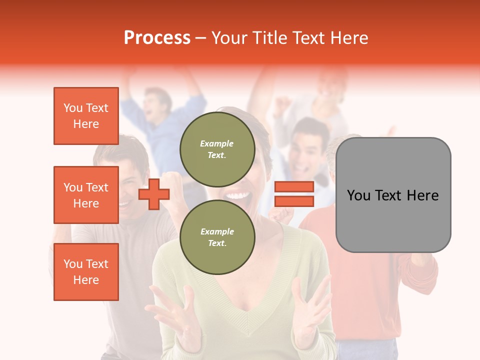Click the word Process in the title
pyautogui.click(x=157, y=38)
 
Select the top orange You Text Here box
pyautogui.click(x=86, y=116)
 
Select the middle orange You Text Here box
pyautogui.click(x=86, y=195)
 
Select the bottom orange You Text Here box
pyautogui.click(x=86, y=272)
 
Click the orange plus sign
pyautogui.click(x=154, y=194)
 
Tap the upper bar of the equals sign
pyautogui.click(x=294, y=186)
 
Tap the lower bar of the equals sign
pyautogui.click(x=294, y=201)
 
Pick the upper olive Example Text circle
pyautogui.click(x=217, y=149)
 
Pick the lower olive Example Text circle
pyautogui.click(x=217, y=237)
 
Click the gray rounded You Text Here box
pyautogui.click(x=393, y=195)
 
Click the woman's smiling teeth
pyautogui.click(x=239, y=195)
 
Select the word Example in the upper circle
pyautogui.click(x=217, y=143)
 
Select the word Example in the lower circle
pyautogui.click(x=217, y=231)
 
